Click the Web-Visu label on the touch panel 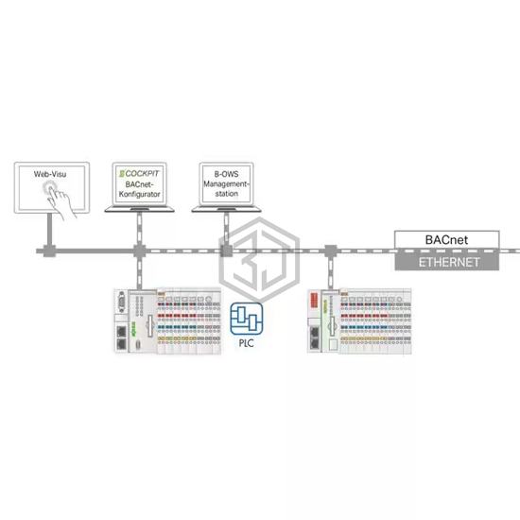pos(50,174)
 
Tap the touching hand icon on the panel pos(60,199)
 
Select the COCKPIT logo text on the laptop pos(139,173)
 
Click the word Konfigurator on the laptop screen pos(140,194)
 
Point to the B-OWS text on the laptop pos(227,174)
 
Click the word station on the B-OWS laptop pos(227,193)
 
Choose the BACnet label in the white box pos(446,240)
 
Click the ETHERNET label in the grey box pos(449,262)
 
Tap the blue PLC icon pos(247,319)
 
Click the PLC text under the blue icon pos(247,343)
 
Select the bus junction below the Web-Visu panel pos(49,251)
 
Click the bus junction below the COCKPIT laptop pos(139,251)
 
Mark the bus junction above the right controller pos(330,251)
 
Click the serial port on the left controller pos(122,303)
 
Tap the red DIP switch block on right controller pos(314,300)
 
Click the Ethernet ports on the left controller pos(122,338)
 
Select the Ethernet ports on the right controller pos(315,338)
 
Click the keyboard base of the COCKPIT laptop pos(140,209)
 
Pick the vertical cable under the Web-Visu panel pos(49,229)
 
